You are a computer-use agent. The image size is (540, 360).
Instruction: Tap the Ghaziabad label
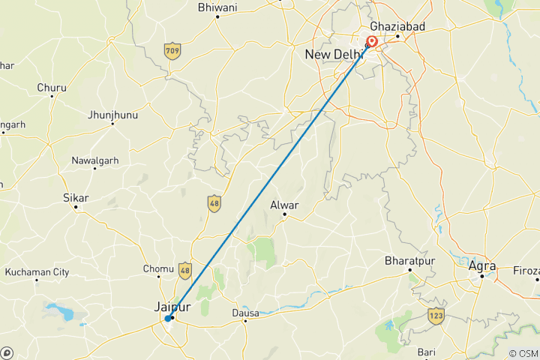(397, 26)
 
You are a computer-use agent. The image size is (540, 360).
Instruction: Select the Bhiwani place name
(217, 7)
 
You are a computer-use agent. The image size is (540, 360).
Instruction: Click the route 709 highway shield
(173, 51)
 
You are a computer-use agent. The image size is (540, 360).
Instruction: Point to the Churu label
(52, 88)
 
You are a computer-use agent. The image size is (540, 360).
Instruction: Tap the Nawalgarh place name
(95, 160)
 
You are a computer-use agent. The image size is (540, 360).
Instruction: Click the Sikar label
(76, 198)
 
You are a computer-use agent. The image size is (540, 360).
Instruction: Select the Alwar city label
(285, 205)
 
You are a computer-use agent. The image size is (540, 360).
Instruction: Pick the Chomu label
(158, 269)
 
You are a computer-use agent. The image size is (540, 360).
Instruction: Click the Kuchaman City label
(37, 272)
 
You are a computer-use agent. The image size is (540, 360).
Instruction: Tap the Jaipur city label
(172, 307)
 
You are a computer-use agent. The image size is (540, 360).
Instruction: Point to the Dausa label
(245, 313)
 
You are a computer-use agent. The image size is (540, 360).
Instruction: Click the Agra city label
(481, 265)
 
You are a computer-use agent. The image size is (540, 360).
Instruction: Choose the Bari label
(427, 352)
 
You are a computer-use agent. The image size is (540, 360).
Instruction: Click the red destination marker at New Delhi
(371, 42)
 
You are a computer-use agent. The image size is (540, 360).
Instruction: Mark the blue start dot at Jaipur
(167, 319)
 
